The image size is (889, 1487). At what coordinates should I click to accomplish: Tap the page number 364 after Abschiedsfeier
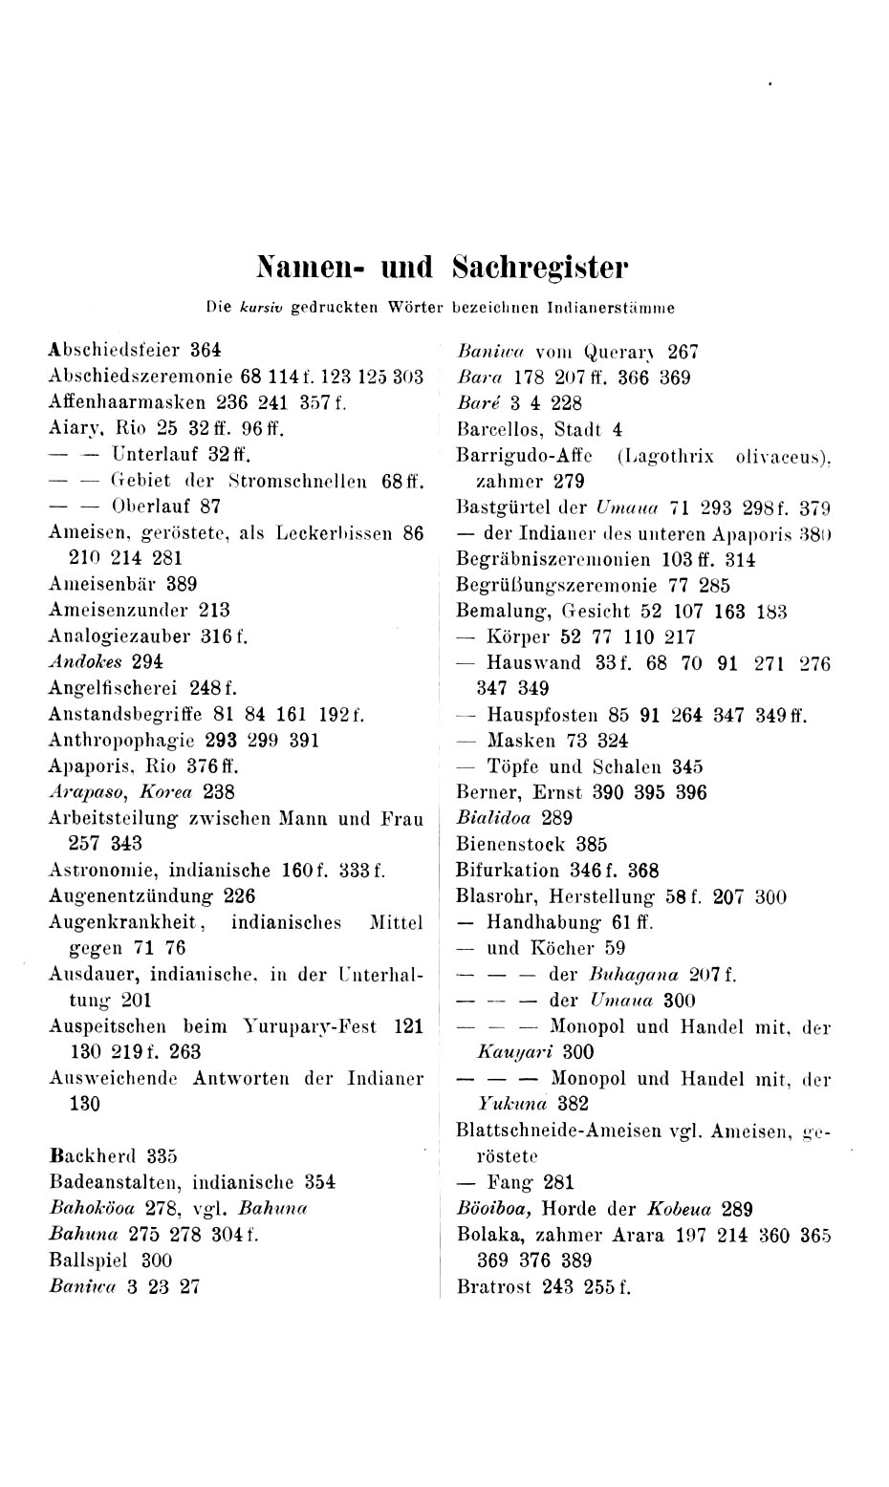[206, 350]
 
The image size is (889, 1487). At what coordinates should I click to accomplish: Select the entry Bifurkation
[508, 871]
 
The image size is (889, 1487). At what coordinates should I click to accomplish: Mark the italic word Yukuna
[510, 1105]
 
